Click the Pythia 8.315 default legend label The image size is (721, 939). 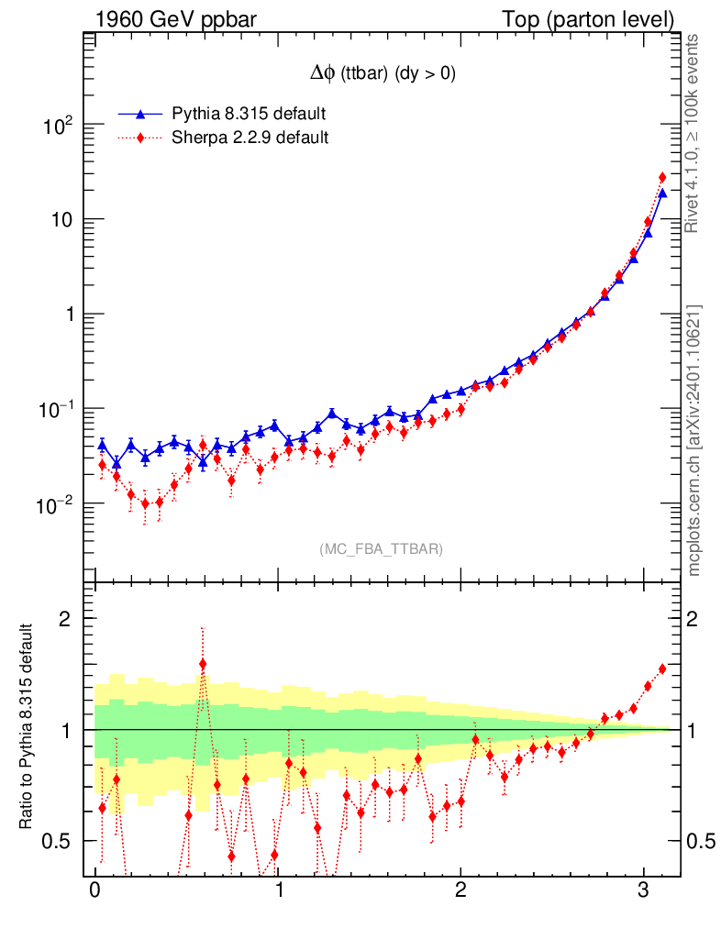coord(250,114)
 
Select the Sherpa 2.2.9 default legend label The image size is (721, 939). coord(250,138)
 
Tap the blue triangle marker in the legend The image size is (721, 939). coord(140,114)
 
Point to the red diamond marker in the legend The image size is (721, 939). coord(140,138)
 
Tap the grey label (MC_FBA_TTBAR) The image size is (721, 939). coord(382,549)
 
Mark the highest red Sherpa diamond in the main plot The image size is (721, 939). coord(662,178)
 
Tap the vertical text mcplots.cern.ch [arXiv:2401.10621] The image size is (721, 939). coord(694,442)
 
